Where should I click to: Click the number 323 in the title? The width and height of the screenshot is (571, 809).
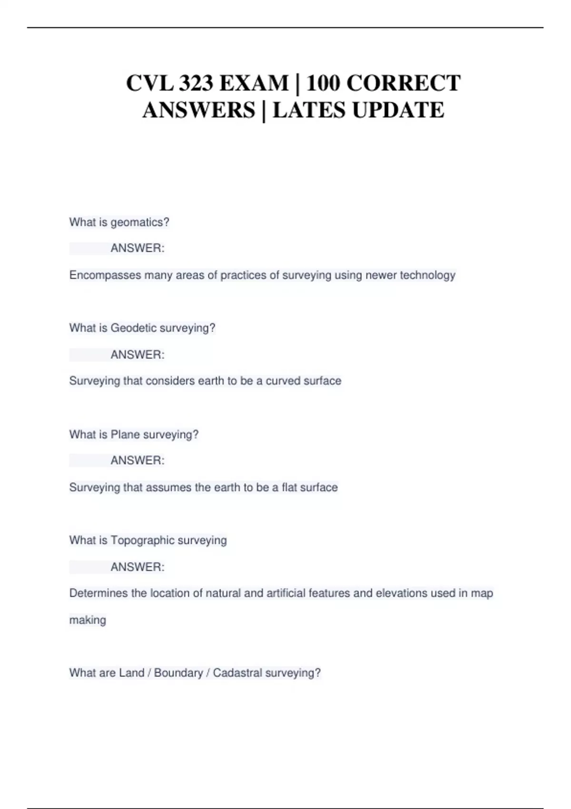coord(196,83)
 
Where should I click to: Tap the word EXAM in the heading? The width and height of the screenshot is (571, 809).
coord(254,83)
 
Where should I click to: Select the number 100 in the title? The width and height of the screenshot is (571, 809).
coord(323,83)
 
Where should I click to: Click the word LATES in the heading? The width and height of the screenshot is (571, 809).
coord(309,110)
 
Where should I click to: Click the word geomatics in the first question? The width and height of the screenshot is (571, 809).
coord(139,222)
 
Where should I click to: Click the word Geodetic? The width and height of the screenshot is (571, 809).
coord(133,328)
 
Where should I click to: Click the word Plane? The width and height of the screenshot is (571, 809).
coord(125,434)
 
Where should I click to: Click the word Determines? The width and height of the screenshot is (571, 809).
coord(98,593)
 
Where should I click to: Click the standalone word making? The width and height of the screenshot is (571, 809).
coord(88,620)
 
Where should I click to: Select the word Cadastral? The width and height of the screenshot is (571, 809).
coord(237,673)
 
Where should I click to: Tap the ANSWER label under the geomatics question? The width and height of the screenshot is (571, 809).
coord(138,248)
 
